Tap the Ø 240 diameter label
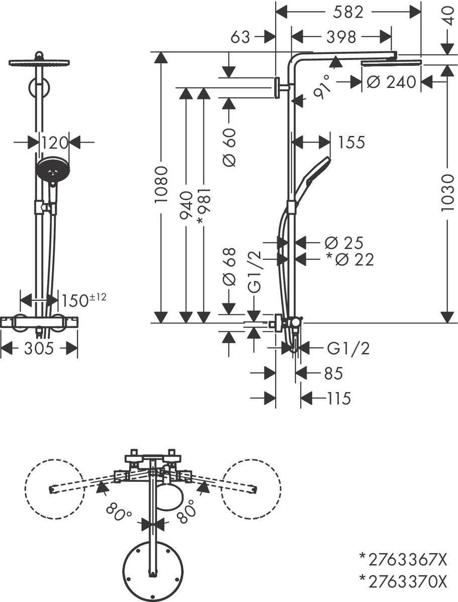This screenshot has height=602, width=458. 391,81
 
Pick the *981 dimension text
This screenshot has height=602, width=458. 203,206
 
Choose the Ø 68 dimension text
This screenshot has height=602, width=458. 229,271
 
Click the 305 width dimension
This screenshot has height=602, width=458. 39,348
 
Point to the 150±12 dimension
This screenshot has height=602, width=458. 83,299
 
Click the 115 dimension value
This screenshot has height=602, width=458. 337,398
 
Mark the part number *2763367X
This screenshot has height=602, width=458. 402,558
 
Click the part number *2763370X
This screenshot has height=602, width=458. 402,581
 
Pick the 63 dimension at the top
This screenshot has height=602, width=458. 241,37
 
